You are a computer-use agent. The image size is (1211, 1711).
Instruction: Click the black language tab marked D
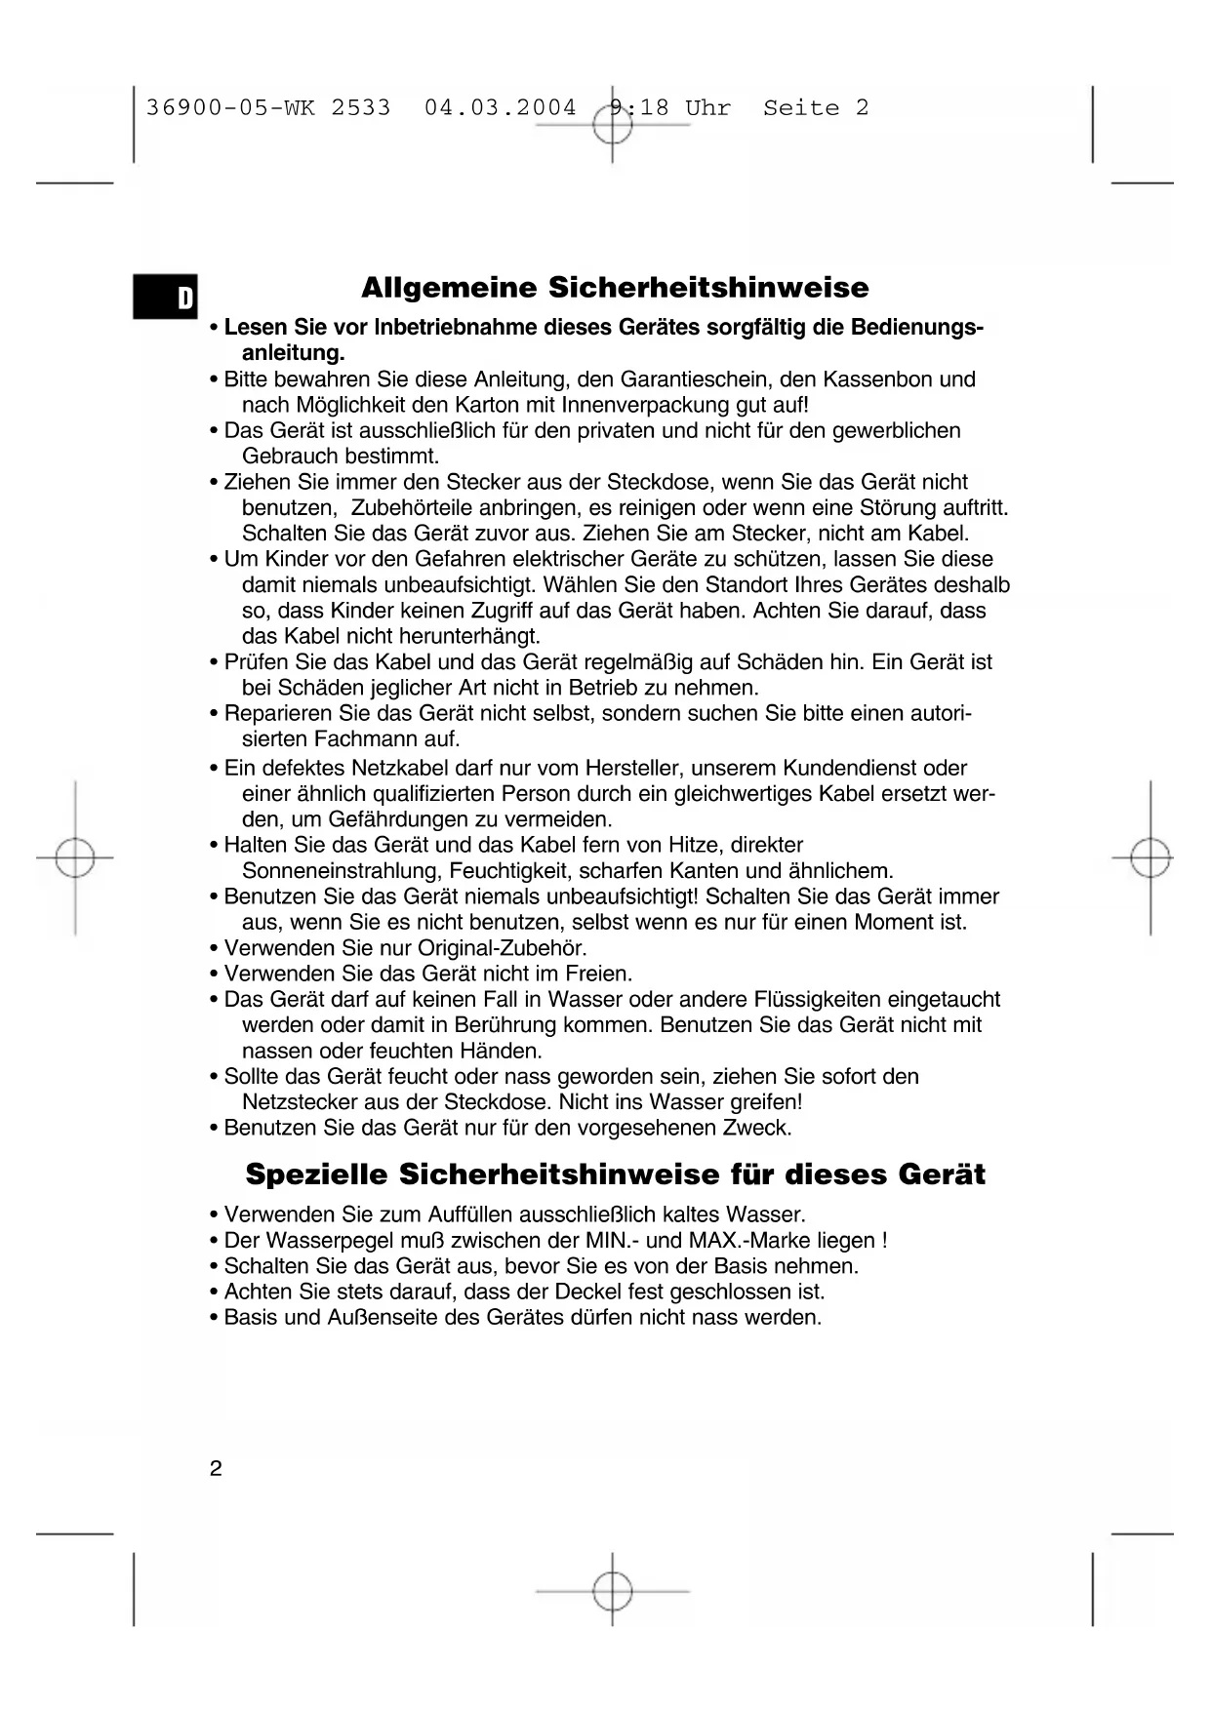(166, 298)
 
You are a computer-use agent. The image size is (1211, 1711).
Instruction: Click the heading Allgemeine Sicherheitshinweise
(615, 288)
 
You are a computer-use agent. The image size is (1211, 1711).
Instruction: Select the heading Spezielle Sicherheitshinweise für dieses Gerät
(615, 1174)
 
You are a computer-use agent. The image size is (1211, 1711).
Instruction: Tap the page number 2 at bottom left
(216, 1469)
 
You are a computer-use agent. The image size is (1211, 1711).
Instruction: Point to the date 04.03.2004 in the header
(500, 108)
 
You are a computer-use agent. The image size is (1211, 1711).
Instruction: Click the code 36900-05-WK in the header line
(230, 108)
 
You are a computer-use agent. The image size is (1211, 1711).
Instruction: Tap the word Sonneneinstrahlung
(343, 871)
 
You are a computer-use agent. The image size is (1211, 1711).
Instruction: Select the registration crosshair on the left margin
(75, 858)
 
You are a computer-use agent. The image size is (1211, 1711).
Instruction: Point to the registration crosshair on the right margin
(1150, 858)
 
